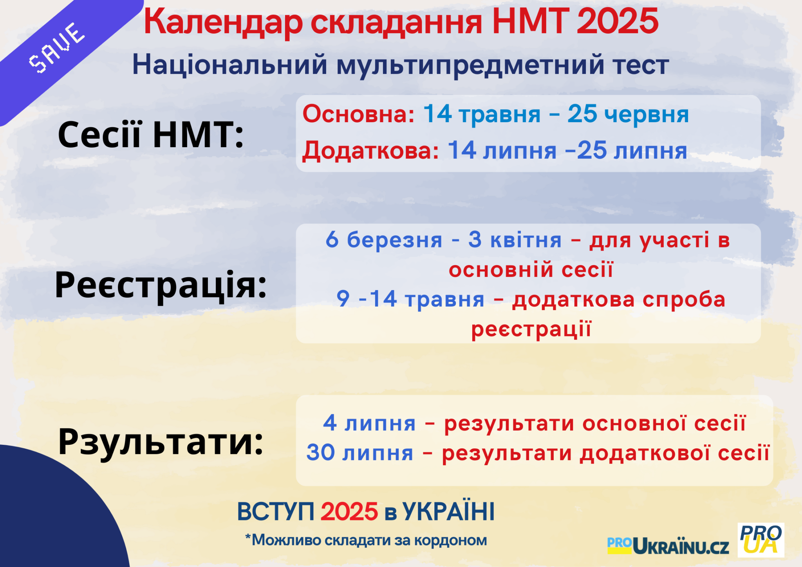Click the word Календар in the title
click(x=223, y=23)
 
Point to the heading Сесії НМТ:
click(x=151, y=134)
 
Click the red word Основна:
click(x=358, y=114)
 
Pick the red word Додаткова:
click(x=370, y=151)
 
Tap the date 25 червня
click(x=628, y=114)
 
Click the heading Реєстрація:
click(x=161, y=285)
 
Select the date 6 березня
click(x=384, y=240)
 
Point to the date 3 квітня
click(x=515, y=240)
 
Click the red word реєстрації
click(x=531, y=329)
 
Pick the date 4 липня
click(x=369, y=423)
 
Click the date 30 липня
click(x=360, y=453)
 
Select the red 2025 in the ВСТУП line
click(x=349, y=512)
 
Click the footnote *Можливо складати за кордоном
click(x=366, y=540)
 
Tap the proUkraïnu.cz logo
click(x=668, y=545)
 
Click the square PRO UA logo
click(x=761, y=540)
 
